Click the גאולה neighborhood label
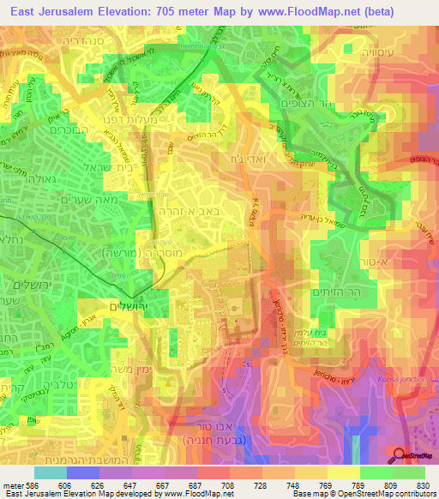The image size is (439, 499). pos(23,180)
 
